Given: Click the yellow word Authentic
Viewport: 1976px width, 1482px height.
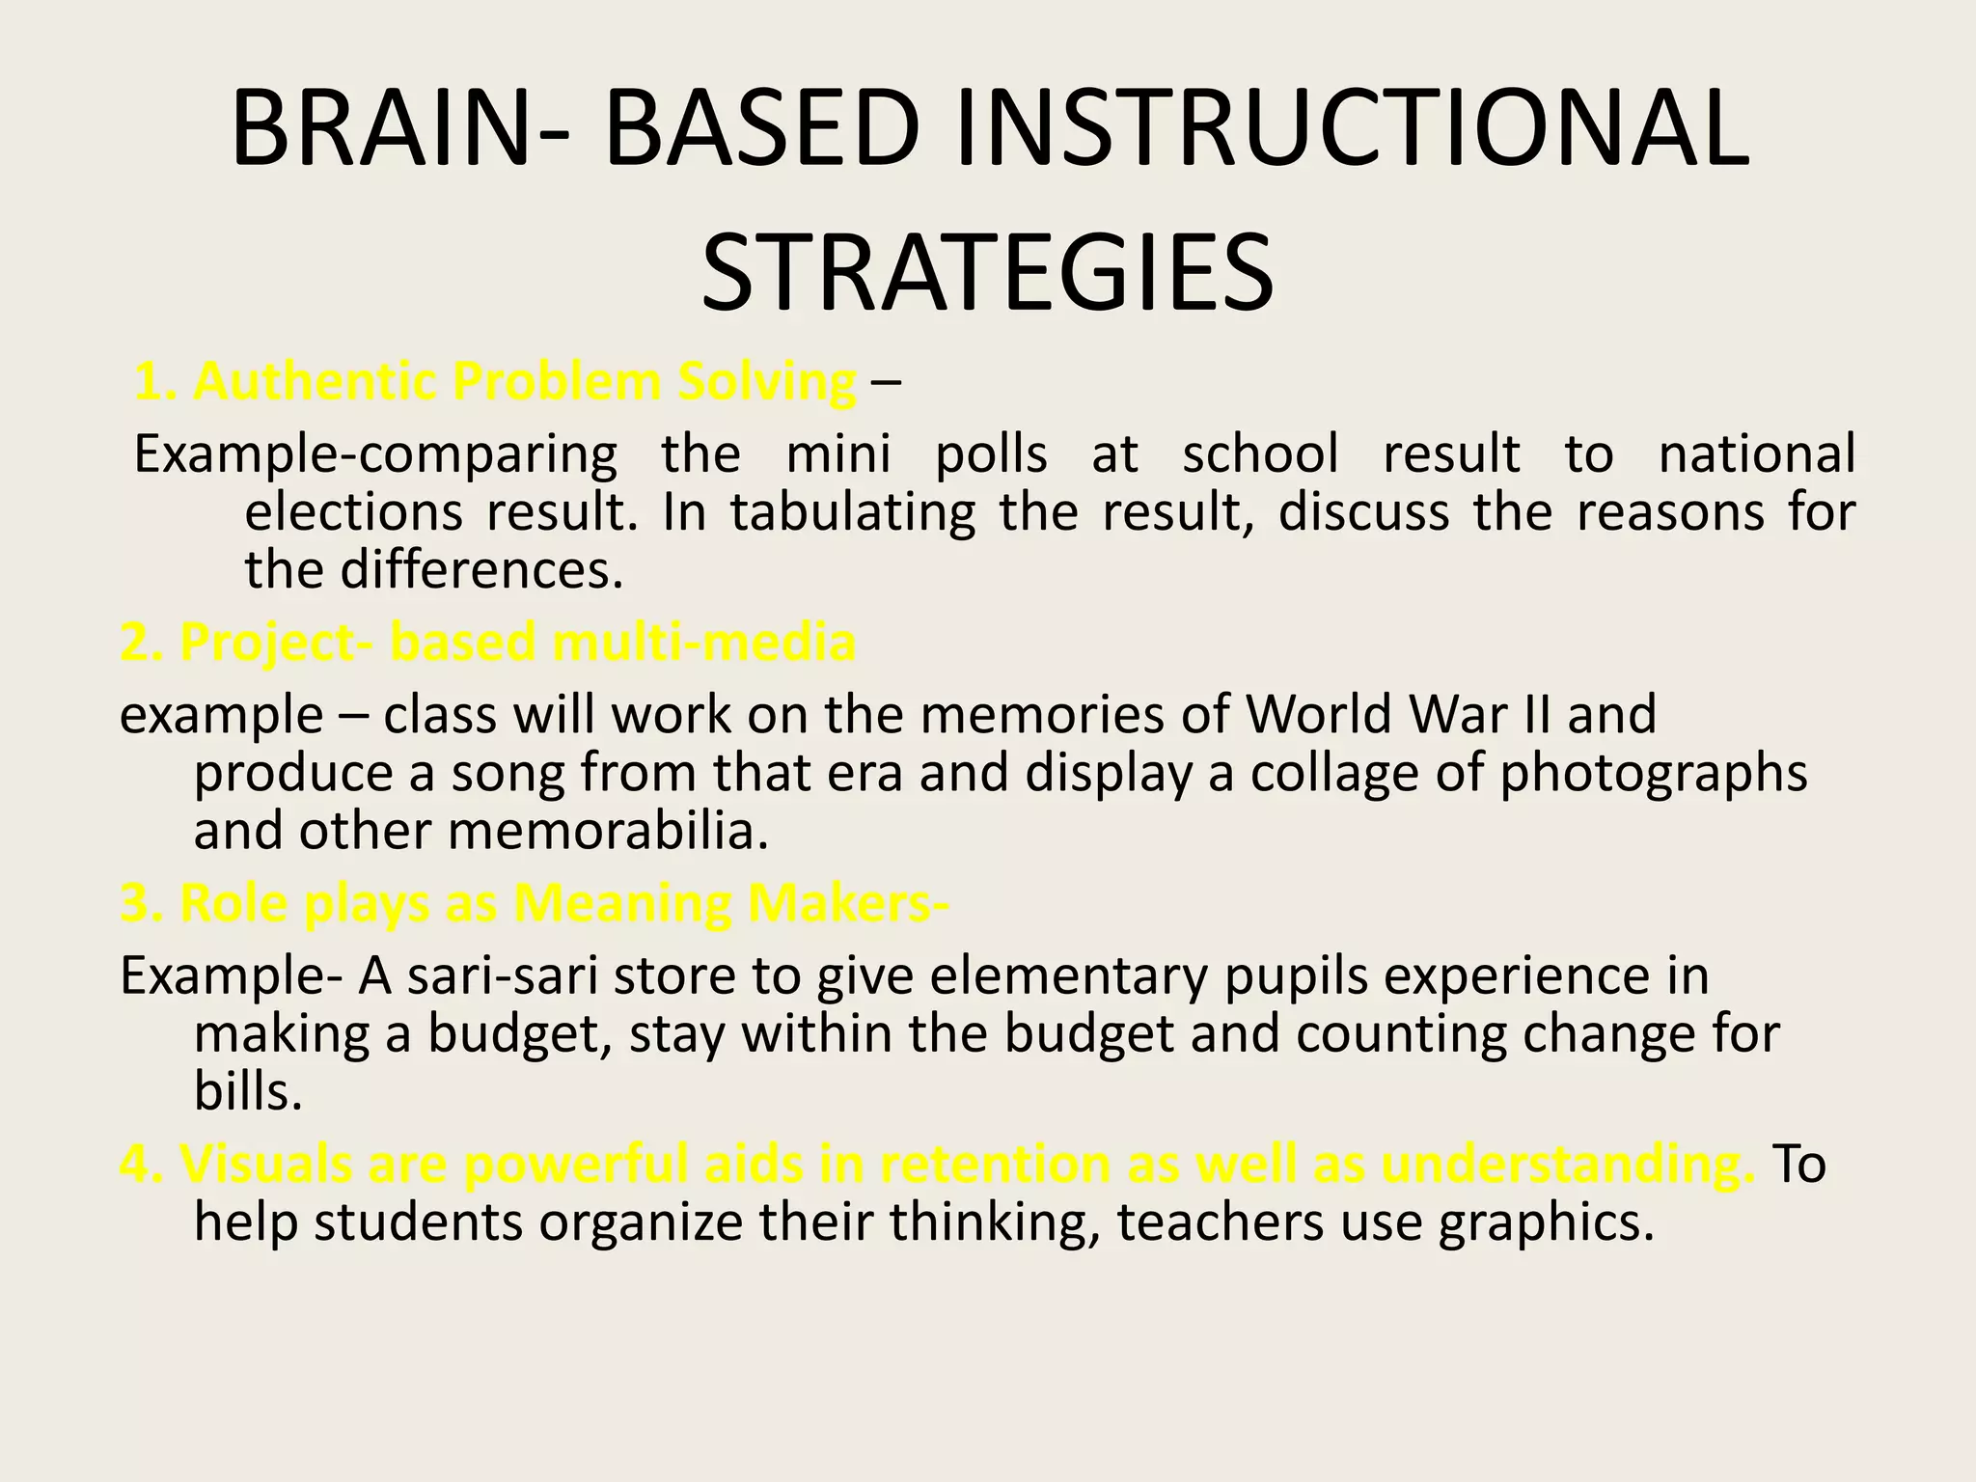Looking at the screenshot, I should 315,381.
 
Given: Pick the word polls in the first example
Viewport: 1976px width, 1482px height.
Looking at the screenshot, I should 991,453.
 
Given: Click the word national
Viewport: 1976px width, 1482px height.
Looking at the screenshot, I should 1756,453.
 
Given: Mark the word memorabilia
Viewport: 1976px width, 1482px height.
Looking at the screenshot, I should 609,830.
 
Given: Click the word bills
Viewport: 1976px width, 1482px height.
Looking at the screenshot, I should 248,1091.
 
